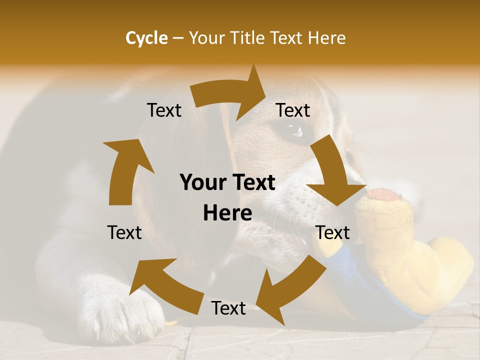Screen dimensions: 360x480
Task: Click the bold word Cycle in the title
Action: (x=146, y=38)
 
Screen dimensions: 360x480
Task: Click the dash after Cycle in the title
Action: (x=178, y=38)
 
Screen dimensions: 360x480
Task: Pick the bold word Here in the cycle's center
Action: (x=227, y=213)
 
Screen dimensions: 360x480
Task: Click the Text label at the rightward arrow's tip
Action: (x=293, y=110)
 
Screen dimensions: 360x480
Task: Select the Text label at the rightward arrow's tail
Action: (x=164, y=110)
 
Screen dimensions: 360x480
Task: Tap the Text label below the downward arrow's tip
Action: (x=332, y=232)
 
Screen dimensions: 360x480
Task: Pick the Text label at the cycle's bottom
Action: (x=228, y=308)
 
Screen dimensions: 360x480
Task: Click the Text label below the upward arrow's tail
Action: (x=124, y=232)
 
